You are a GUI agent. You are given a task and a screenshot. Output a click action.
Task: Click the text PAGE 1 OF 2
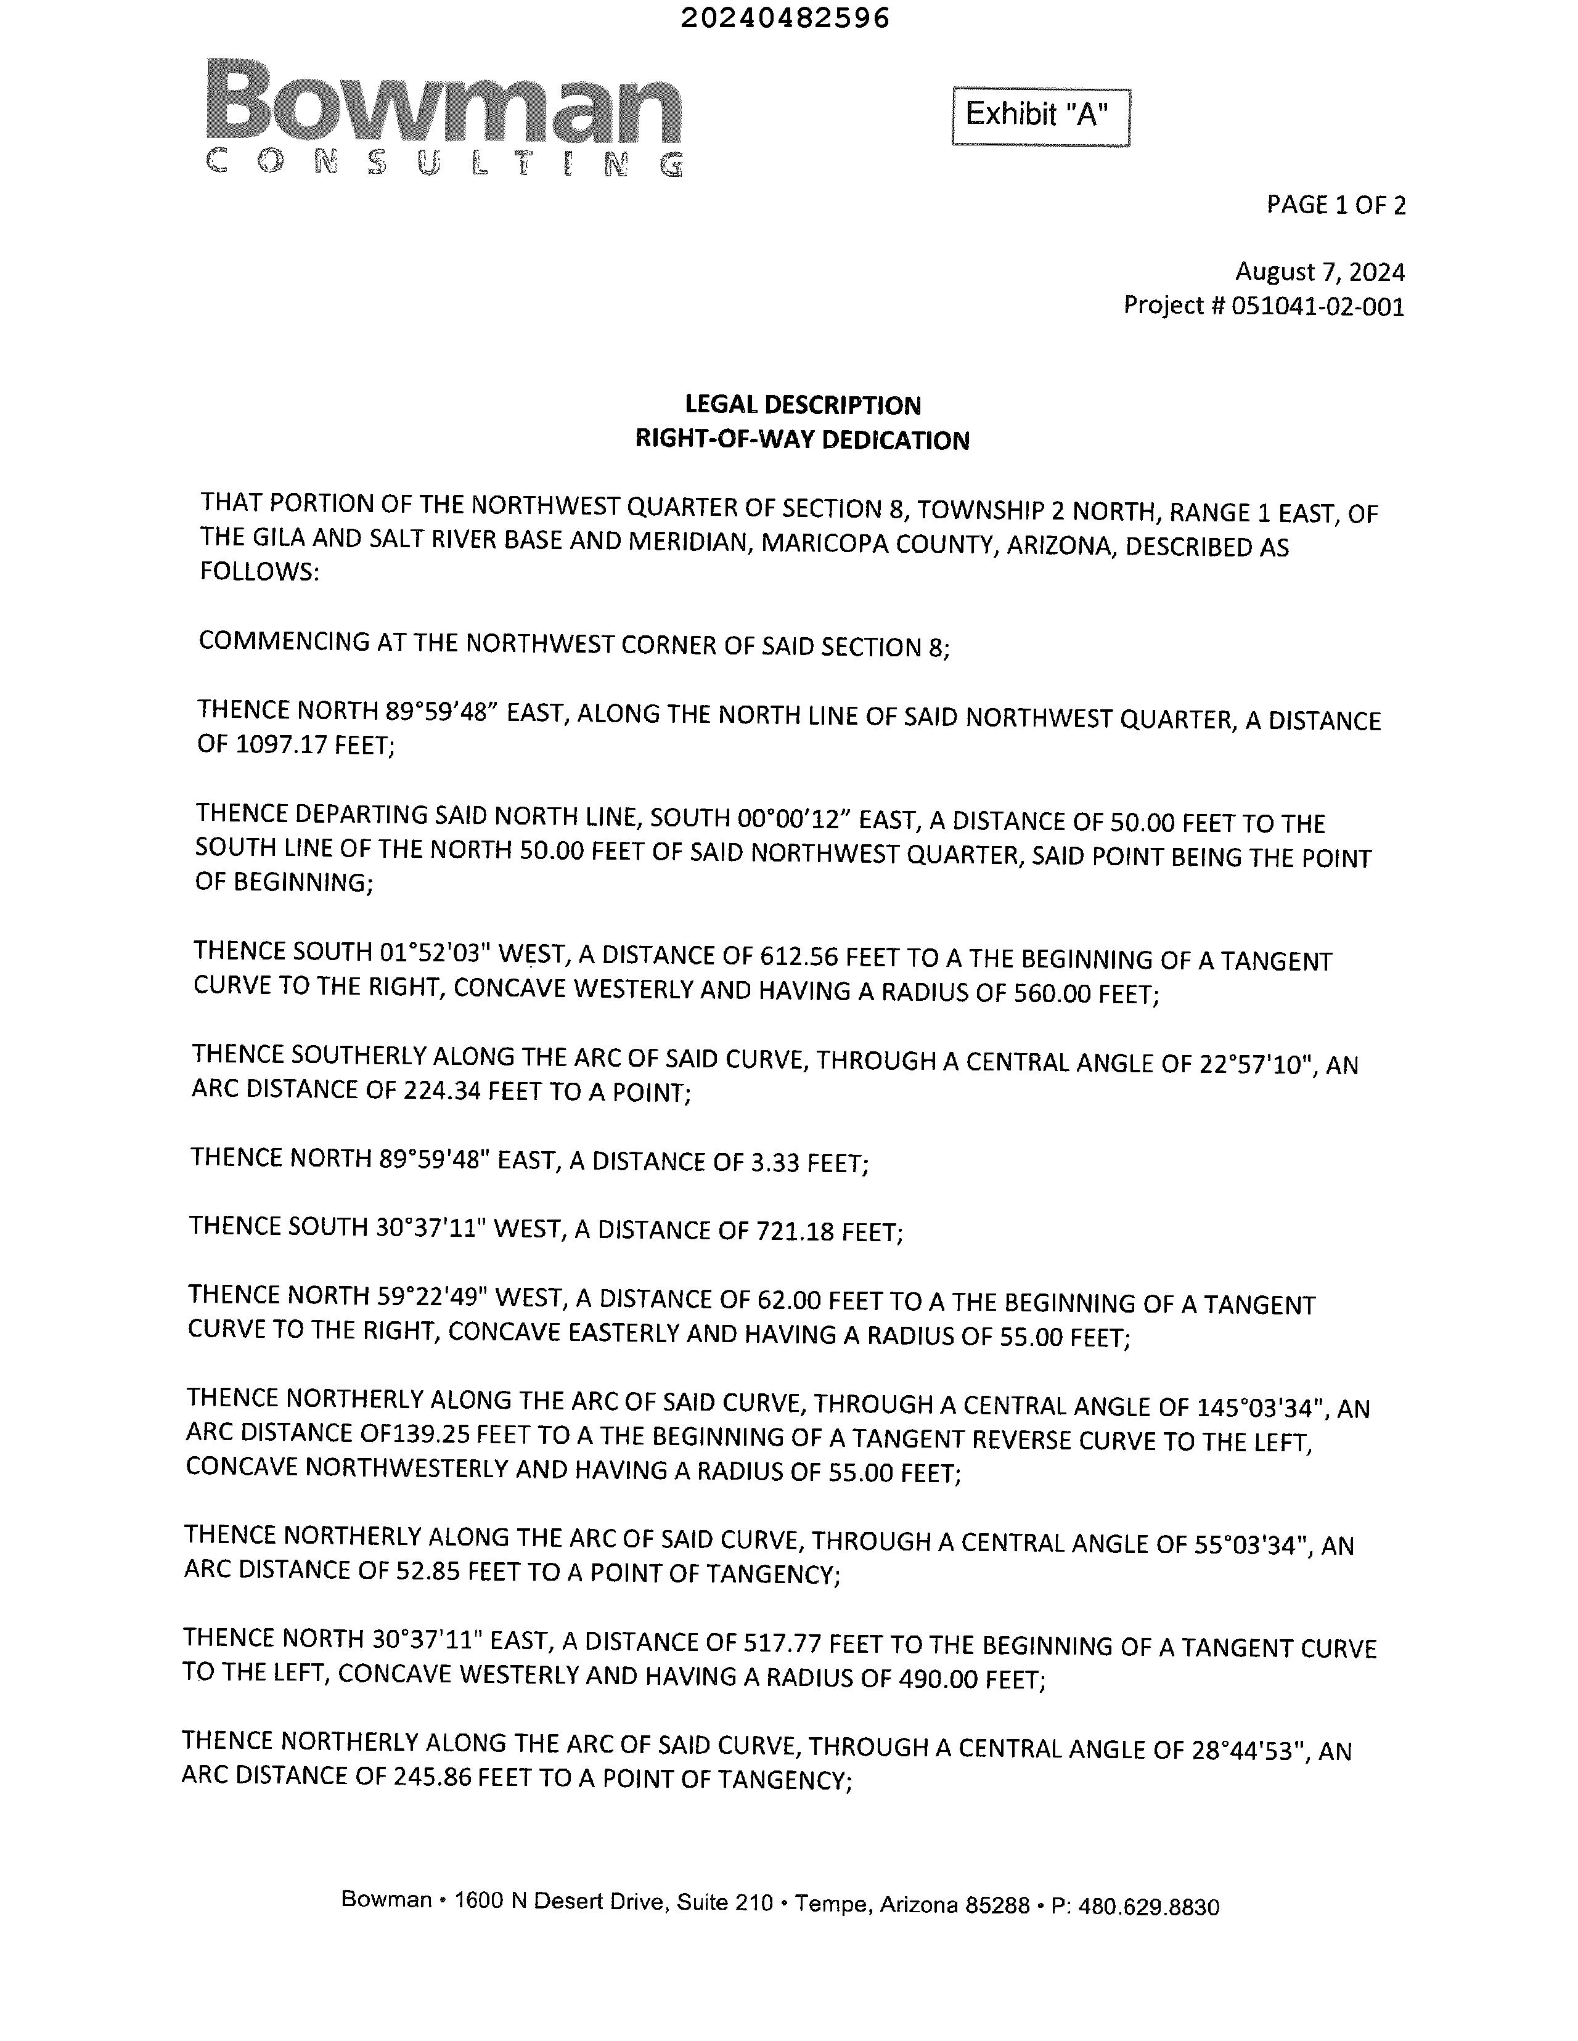[1335, 205]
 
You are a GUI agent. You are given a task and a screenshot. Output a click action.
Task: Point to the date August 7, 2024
[1319, 272]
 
